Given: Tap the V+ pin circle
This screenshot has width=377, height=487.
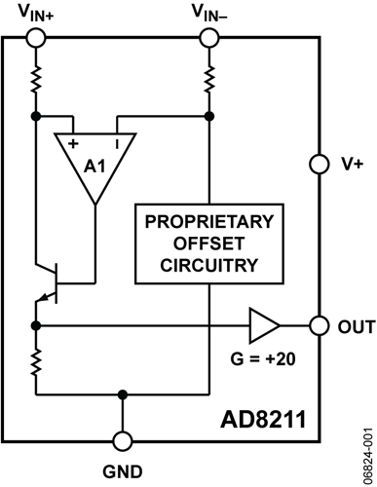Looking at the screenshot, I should click(x=317, y=164).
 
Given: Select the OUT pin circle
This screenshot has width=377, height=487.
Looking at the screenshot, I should click(x=317, y=324).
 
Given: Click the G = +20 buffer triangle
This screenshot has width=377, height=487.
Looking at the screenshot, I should click(x=262, y=324).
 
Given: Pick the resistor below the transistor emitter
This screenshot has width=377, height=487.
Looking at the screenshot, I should click(x=36, y=362).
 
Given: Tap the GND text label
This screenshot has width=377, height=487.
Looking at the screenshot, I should click(x=122, y=473).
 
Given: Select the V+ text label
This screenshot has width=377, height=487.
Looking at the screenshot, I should click(x=351, y=165).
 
